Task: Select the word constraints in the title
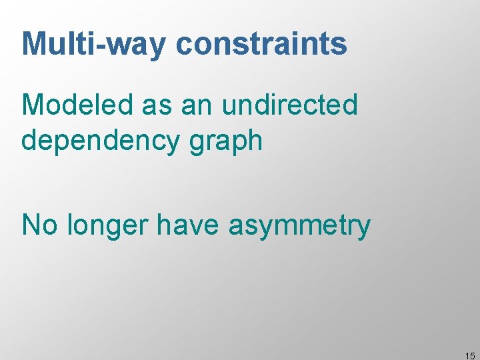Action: [x=261, y=44]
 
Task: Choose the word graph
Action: [x=225, y=141]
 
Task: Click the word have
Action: [x=189, y=225]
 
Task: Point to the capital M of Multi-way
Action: [x=34, y=44]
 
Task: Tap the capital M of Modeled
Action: [x=33, y=105]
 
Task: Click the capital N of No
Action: [x=31, y=225]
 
